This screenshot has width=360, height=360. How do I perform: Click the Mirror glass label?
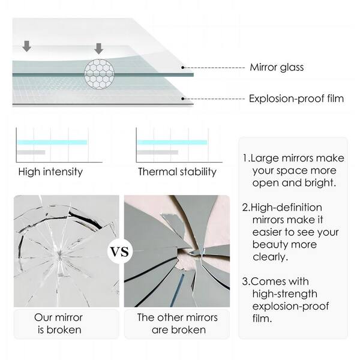(x=277, y=67)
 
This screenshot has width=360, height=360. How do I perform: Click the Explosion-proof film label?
(x=296, y=98)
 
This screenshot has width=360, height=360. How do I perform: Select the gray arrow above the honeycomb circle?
(x=99, y=48)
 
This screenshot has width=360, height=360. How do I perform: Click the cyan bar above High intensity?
(x=52, y=142)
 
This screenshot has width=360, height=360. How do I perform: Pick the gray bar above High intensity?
(x=31, y=152)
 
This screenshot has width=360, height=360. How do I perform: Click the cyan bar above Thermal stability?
(x=173, y=142)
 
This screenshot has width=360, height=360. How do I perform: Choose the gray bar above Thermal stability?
(x=158, y=152)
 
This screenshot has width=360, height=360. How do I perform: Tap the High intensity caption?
(x=50, y=172)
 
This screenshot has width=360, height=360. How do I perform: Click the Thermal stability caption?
(x=177, y=172)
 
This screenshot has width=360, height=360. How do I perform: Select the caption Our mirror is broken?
(x=59, y=323)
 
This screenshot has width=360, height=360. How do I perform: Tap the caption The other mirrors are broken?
(x=177, y=323)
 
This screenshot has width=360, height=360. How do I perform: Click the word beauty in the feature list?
(x=268, y=244)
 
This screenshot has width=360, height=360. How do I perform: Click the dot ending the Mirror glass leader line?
(x=183, y=68)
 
